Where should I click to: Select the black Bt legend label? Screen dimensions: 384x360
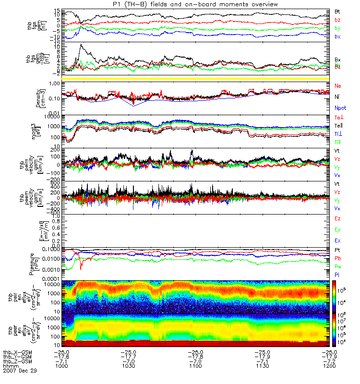(x=337, y=11)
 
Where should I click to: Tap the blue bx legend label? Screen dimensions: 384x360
(x=337, y=36)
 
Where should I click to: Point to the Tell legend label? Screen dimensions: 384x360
(x=338, y=126)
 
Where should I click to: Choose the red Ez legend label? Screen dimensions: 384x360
(x=337, y=218)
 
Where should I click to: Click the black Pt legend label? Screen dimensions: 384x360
(x=337, y=251)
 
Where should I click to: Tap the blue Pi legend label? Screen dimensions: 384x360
(x=337, y=275)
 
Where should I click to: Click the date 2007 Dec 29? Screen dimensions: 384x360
(x=20, y=371)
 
